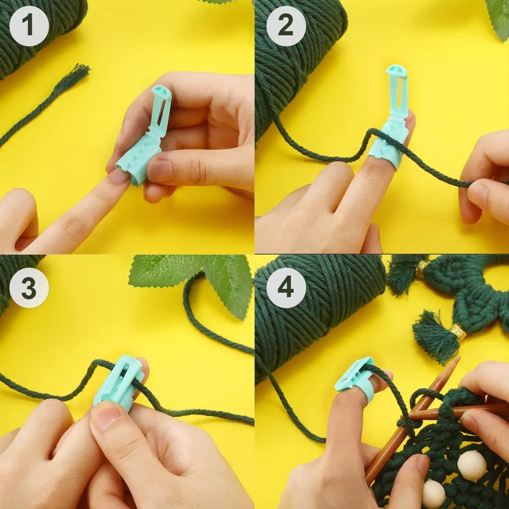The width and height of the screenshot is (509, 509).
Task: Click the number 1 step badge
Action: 29,25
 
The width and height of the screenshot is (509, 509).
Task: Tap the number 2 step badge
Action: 286,25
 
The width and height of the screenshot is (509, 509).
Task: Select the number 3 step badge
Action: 29,288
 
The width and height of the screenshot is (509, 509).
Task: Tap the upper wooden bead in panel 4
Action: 472,464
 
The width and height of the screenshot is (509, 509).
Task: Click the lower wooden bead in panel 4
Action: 434,494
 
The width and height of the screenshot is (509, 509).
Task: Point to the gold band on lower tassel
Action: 458,332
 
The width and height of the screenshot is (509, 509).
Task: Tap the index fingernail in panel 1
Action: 120,177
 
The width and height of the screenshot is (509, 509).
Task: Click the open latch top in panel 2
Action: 397,71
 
